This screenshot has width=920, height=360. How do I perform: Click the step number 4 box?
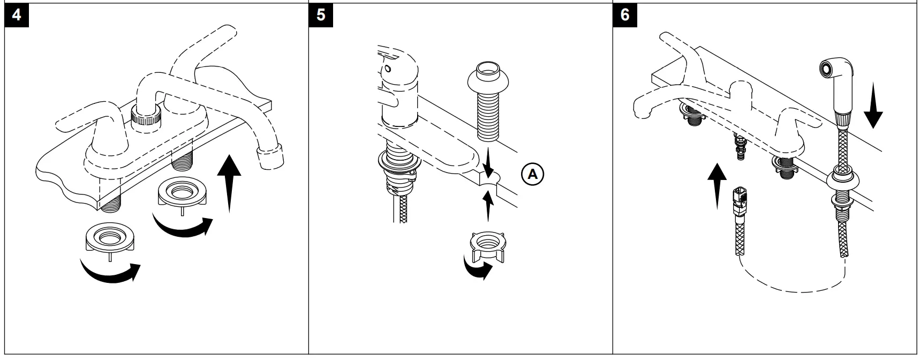pyautogui.click(x=16, y=14)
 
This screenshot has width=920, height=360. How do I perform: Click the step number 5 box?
pyautogui.click(x=321, y=14)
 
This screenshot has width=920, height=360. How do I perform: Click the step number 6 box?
pyautogui.click(x=624, y=14)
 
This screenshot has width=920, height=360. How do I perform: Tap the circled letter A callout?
pyautogui.click(x=532, y=174)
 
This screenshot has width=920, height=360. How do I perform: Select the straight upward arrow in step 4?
pyautogui.click(x=229, y=182)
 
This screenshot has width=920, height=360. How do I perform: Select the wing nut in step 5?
pyautogui.click(x=487, y=246)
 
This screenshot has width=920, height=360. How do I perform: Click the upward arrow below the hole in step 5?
pyautogui.click(x=487, y=206)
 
